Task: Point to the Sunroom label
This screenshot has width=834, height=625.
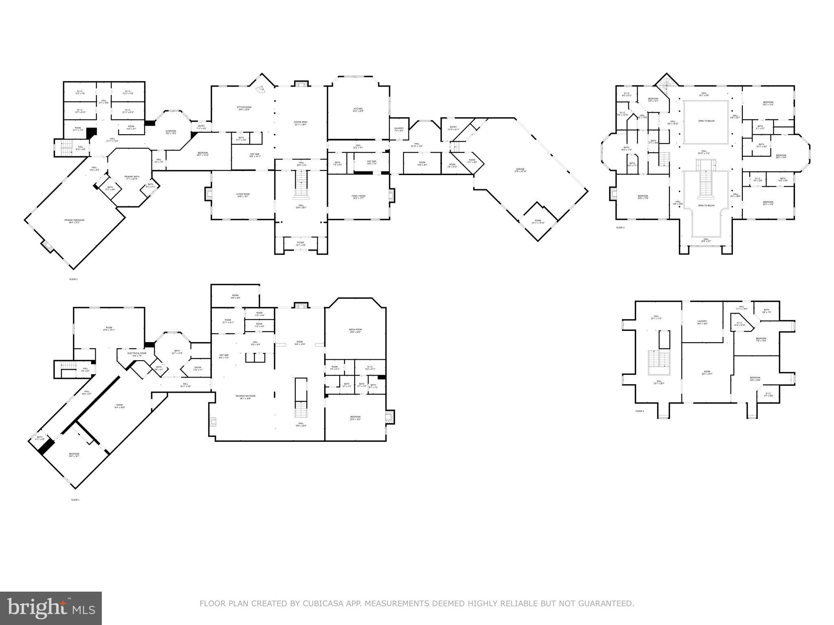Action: point(171,132)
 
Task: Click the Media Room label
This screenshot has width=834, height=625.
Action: point(355,330)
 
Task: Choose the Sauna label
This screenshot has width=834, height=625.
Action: point(197,368)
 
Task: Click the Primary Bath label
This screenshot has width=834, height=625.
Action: point(132,177)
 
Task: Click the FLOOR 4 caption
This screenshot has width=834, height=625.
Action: point(640,411)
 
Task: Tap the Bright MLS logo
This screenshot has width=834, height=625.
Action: point(51,608)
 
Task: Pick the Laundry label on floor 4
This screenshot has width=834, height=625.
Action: point(702,322)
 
